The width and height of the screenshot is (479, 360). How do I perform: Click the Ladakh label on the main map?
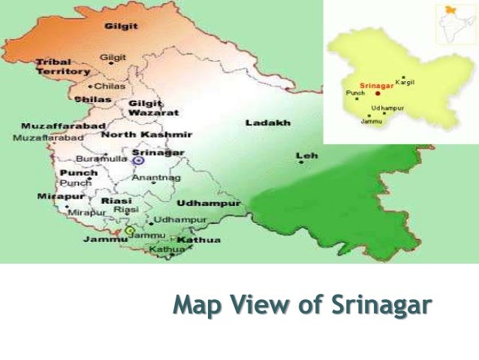pos(267,123)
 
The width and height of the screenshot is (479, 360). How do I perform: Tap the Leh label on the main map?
pos(306,155)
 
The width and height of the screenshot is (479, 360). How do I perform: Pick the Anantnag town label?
pos(156,178)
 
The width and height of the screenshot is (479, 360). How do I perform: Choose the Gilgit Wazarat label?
pos(153,107)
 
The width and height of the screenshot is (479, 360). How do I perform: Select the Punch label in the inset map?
pos(354,93)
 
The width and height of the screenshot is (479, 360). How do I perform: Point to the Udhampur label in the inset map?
pos(387,108)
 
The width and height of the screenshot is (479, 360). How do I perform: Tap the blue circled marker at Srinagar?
pos(138,160)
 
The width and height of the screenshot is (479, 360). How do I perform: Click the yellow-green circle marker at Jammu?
pos(130,231)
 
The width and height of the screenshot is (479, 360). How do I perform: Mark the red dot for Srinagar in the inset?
pos(378,93)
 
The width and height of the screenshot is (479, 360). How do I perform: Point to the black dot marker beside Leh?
pos(301,162)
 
